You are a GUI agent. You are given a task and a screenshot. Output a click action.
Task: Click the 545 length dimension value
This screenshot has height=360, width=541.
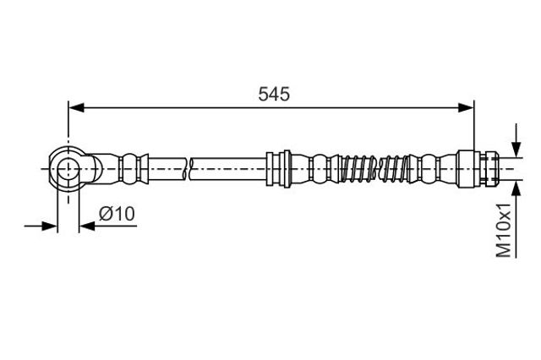[x=274, y=94]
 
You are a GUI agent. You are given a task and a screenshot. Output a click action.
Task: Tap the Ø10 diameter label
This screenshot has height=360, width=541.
[x=117, y=214]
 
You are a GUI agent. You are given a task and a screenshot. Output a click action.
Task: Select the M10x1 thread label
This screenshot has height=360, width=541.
[x=504, y=230]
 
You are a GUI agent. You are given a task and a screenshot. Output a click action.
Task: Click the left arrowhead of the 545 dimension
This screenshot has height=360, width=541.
[x=76, y=107]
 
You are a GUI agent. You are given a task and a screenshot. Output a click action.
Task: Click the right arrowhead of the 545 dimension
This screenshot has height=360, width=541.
[x=466, y=107]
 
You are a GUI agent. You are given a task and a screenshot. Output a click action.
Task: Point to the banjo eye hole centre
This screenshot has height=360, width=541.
[x=68, y=169]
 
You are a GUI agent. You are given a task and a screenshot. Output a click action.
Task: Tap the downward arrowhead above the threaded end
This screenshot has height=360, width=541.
[x=516, y=150]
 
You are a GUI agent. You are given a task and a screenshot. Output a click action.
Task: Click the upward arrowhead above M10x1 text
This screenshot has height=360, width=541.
[x=516, y=188]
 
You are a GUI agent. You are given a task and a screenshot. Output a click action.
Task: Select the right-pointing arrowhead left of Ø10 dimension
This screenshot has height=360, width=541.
[x=49, y=226]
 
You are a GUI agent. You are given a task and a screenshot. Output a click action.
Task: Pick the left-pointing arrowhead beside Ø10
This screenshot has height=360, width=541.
[x=87, y=226]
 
